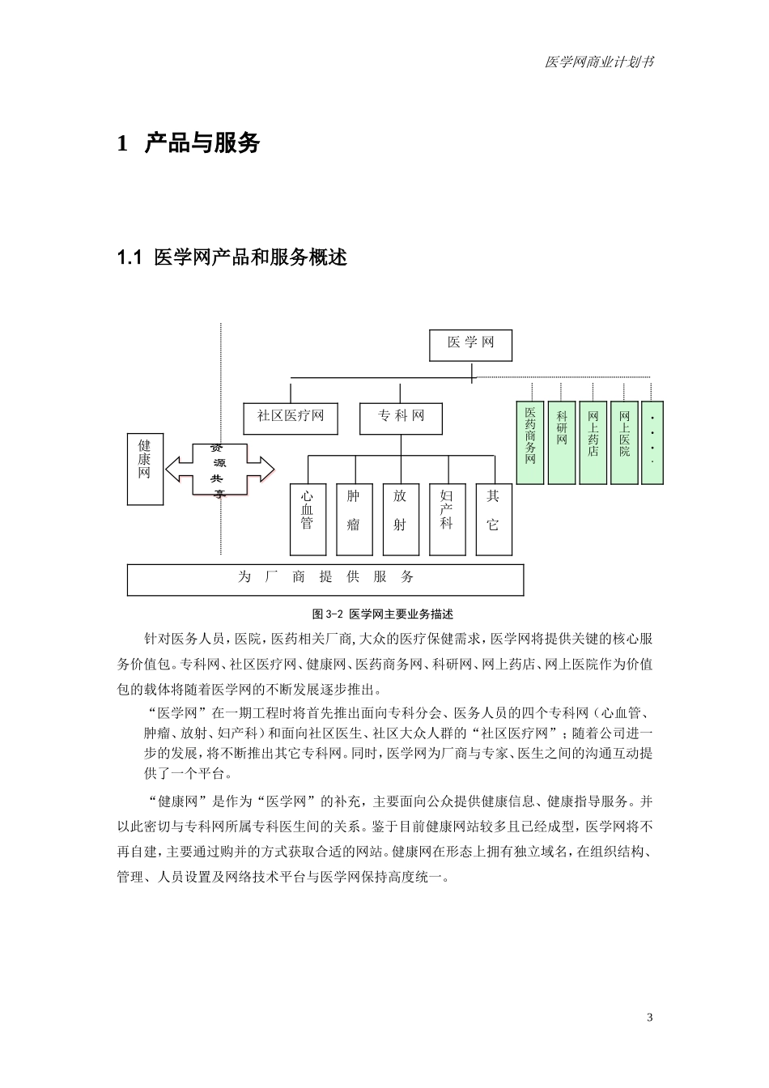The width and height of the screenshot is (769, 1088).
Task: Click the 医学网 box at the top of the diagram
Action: coord(471,344)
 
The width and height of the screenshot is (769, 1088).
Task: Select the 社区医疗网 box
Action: coord(291,418)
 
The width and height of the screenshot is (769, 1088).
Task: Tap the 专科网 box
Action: coord(401,418)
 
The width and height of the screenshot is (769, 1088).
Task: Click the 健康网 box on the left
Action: coord(145,469)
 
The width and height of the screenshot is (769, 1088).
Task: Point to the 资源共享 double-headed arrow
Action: coord(220,469)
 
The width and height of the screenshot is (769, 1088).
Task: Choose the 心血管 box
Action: coord(308,519)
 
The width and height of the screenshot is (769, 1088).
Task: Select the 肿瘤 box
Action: coord(354,519)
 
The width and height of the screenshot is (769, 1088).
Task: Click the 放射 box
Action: coord(401,519)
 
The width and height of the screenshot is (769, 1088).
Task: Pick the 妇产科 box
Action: coord(447,519)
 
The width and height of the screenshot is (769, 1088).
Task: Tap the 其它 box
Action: coord(494,519)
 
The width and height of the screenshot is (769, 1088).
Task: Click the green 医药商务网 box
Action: coord(530,443)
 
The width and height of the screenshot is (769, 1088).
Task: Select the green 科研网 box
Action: coord(562,443)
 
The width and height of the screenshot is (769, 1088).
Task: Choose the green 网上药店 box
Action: coord(593,443)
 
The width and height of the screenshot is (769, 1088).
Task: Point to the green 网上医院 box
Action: coord(625,443)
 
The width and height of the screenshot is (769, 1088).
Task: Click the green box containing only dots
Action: coord(652,443)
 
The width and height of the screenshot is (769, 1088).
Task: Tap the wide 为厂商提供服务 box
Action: coord(325,579)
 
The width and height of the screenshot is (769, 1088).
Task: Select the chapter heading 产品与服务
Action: coord(202,143)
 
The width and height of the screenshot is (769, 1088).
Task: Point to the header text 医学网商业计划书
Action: coord(600,62)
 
